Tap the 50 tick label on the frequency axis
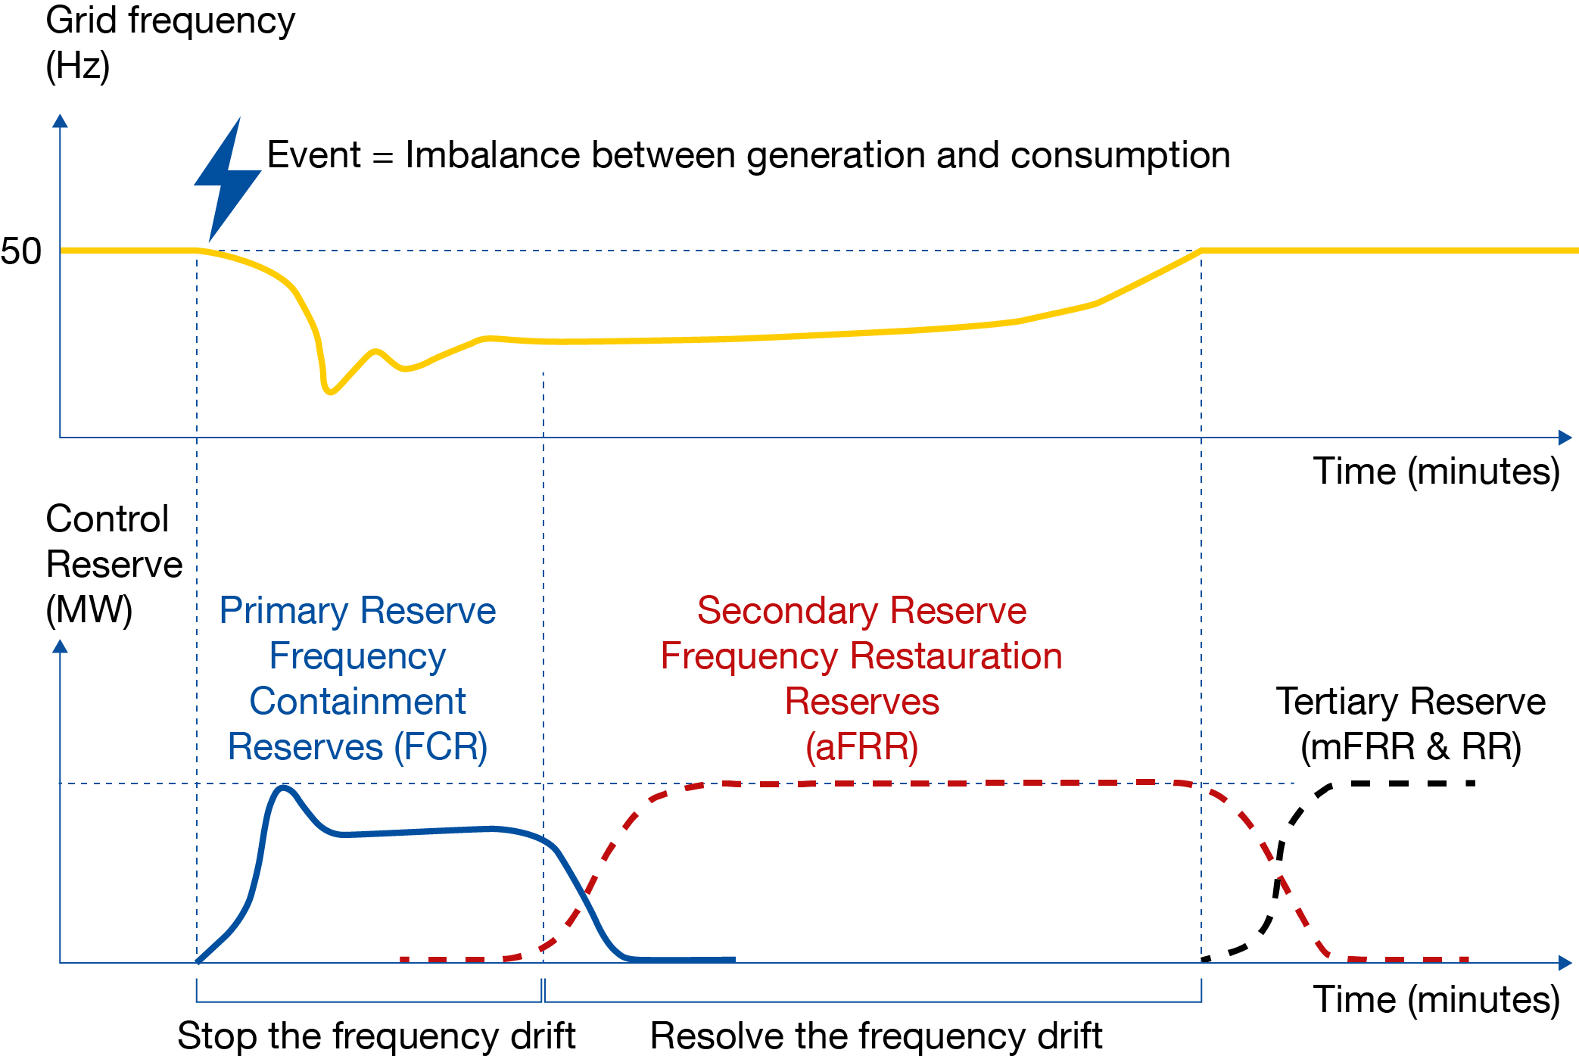coord(21,251)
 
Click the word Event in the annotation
coord(314,155)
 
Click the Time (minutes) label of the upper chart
coord(1436,471)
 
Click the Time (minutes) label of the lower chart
coord(1436,999)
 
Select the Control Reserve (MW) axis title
coord(114,564)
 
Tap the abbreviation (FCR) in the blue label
coord(441,747)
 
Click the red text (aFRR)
coord(861,747)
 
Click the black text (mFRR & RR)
coord(1411,747)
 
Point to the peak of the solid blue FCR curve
coord(284,788)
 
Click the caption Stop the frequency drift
coord(376,1035)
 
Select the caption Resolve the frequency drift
coord(876,1035)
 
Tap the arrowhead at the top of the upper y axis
coord(61,121)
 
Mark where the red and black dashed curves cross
coord(1279,874)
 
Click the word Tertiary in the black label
coord(1335,702)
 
